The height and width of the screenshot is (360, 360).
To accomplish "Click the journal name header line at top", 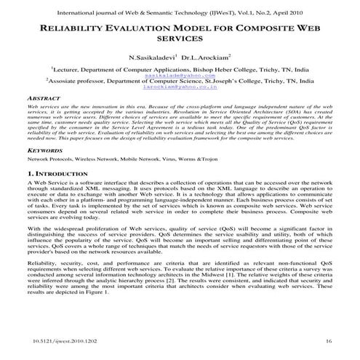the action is pyautogui.click(x=180, y=12).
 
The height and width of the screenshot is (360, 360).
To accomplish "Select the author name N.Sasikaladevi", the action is pyautogui.click(x=151, y=57).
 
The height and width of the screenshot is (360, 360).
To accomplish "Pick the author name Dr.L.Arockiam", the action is pyautogui.click(x=207, y=57).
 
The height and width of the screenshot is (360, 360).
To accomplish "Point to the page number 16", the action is pyautogui.click(x=328, y=340).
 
